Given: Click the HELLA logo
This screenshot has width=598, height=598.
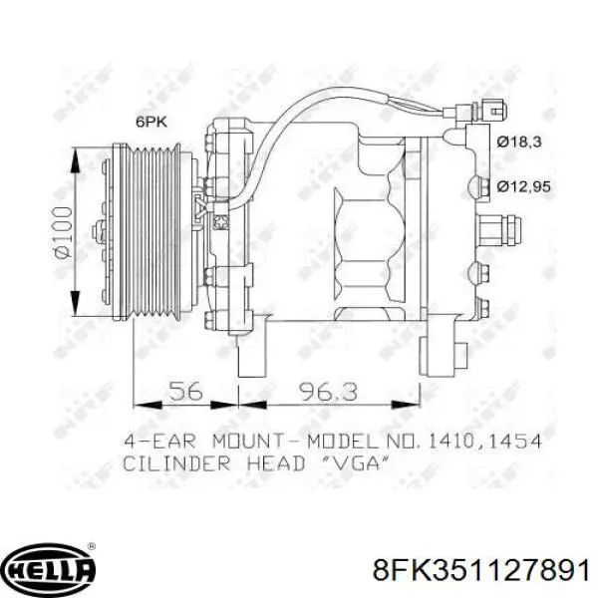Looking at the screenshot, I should [x=49, y=569].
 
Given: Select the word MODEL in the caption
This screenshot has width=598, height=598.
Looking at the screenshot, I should [x=325, y=439].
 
